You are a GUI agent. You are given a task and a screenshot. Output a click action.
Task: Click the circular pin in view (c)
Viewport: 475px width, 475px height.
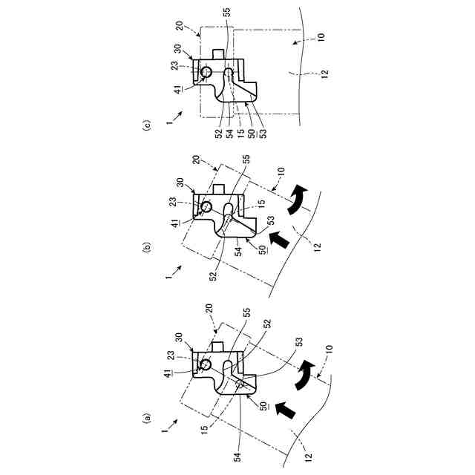(x=206, y=71)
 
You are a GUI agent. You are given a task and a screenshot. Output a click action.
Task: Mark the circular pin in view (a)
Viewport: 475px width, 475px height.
(x=205, y=365)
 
